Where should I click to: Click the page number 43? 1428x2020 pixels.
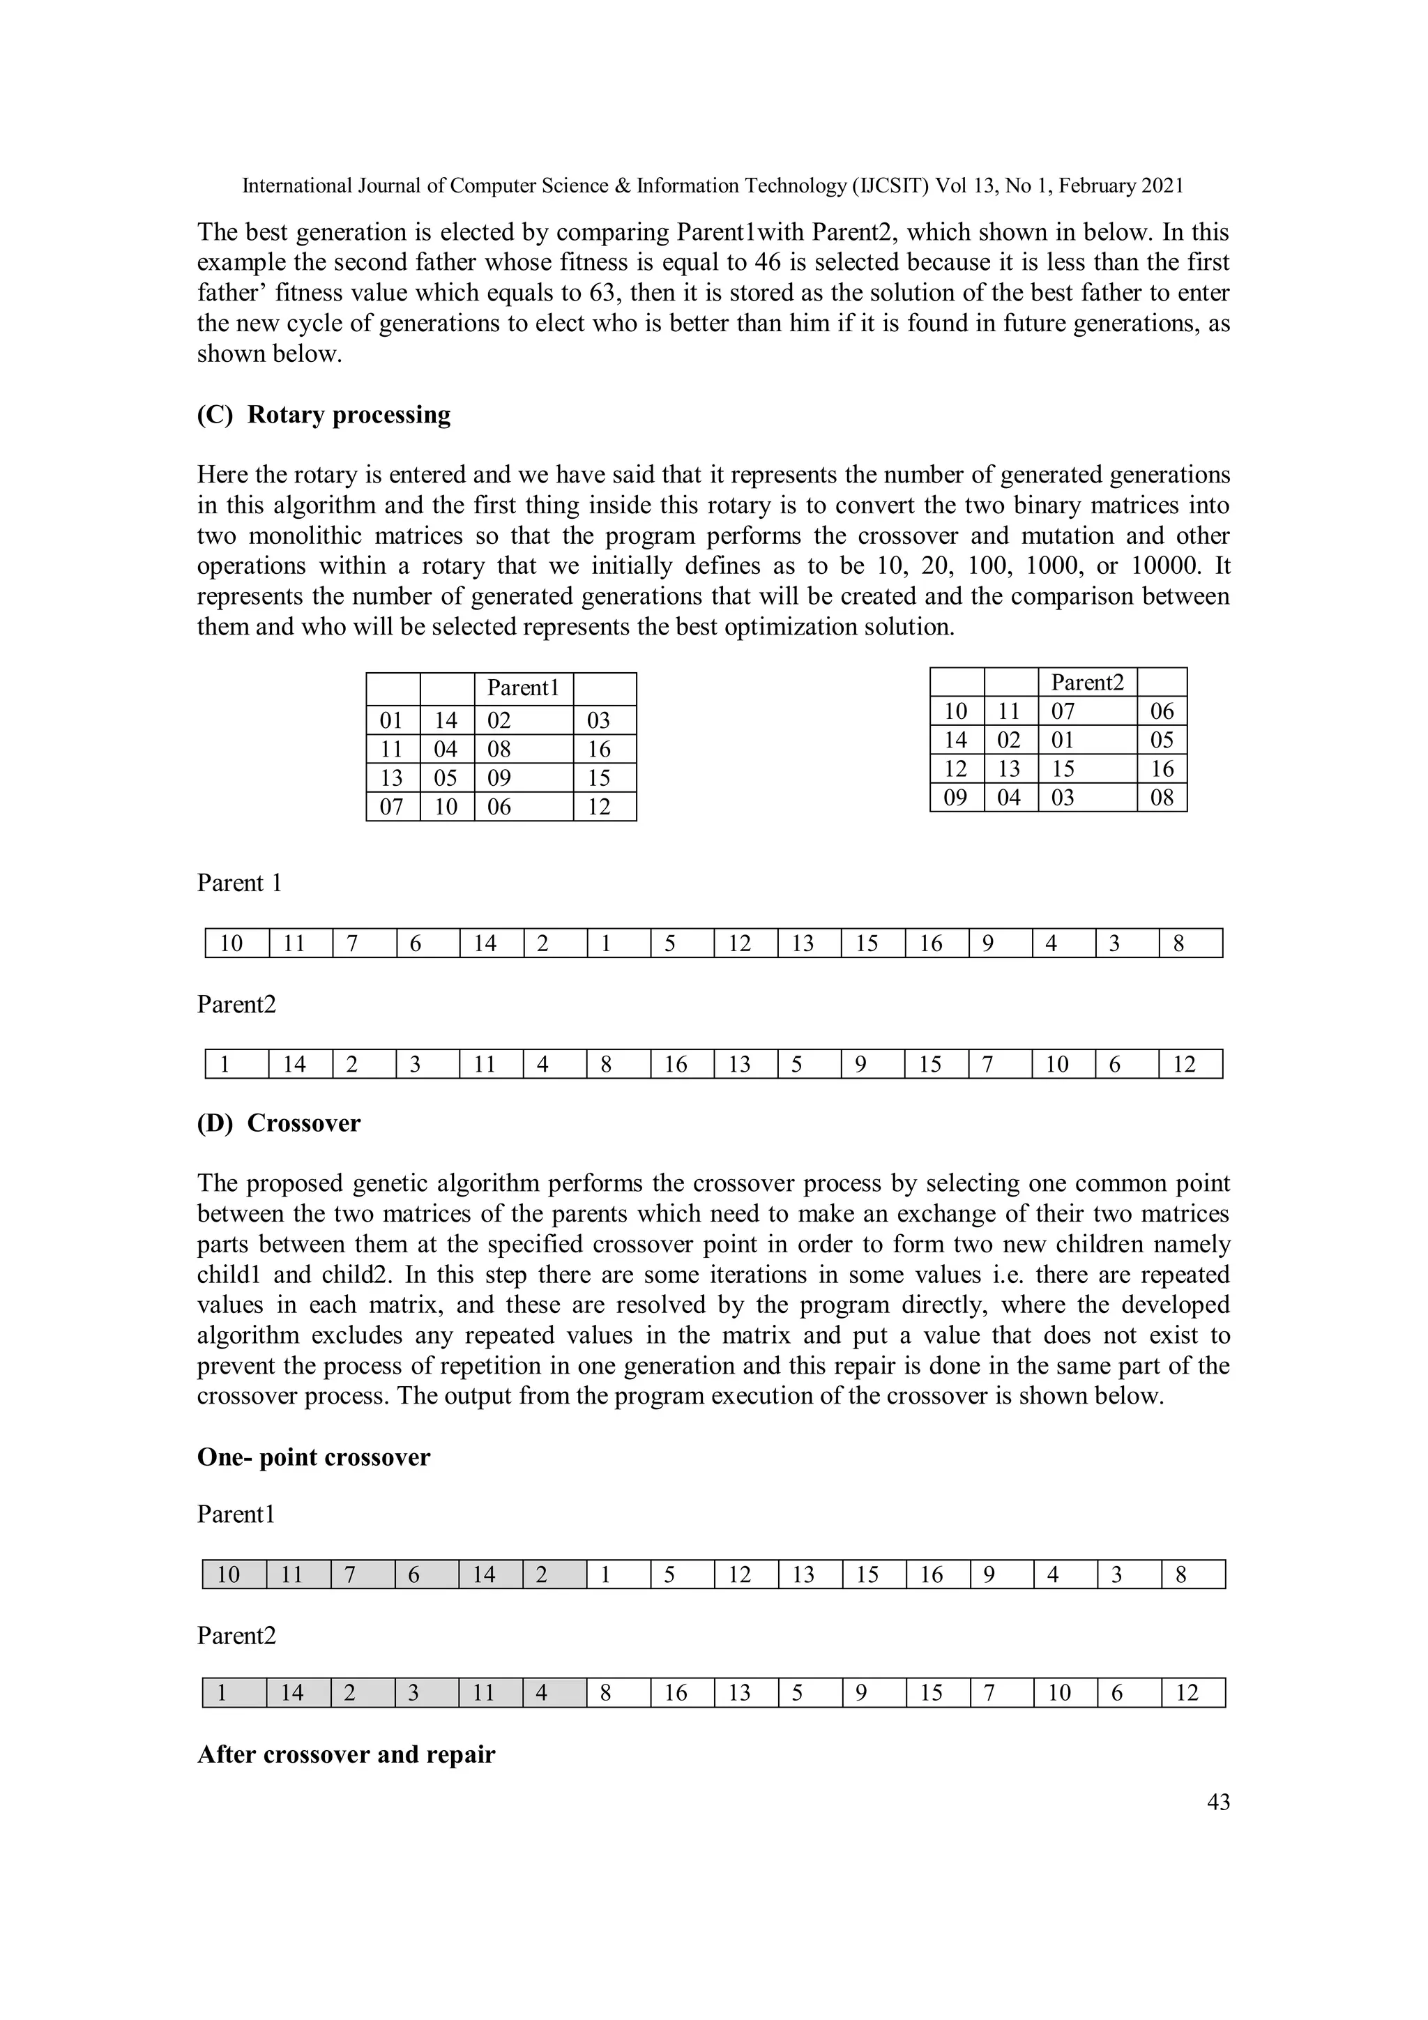[x=1217, y=1802]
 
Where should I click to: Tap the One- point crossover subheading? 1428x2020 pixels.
[x=313, y=1457]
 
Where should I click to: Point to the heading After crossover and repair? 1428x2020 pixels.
[x=346, y=1754]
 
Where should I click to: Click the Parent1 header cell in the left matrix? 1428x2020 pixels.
[x=523, y=688]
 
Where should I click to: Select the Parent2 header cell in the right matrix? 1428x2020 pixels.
[x=1086, y=682]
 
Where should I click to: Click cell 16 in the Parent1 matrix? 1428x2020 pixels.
[x=598, y=750]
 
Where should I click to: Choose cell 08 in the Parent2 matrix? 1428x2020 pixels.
[x=1162, y=797]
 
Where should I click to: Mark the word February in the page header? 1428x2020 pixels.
[x=1098, y=185]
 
